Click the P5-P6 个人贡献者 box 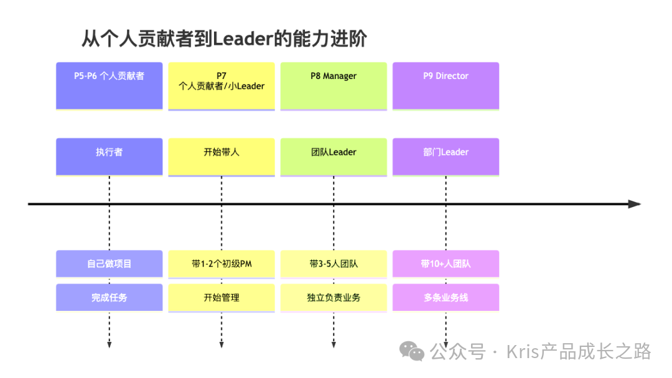pos(109,86)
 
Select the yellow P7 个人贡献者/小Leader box pos(221,86)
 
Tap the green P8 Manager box pos(334,86)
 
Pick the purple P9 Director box pos(446,86)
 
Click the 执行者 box pos(109,156)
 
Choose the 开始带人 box pos(221,156)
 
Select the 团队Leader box pos(334,156)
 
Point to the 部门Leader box pos(446,156)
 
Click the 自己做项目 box pos(109,264)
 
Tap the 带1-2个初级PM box pos(221,264)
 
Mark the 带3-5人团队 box pos(334,264)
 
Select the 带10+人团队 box pos(446,264)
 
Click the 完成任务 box pos(109,298)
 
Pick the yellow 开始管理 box pos(221,298)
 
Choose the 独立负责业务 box pos(334,298)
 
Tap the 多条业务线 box pos(446,298)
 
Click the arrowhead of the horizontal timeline pos(634,204)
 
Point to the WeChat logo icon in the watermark pos(412,351)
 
